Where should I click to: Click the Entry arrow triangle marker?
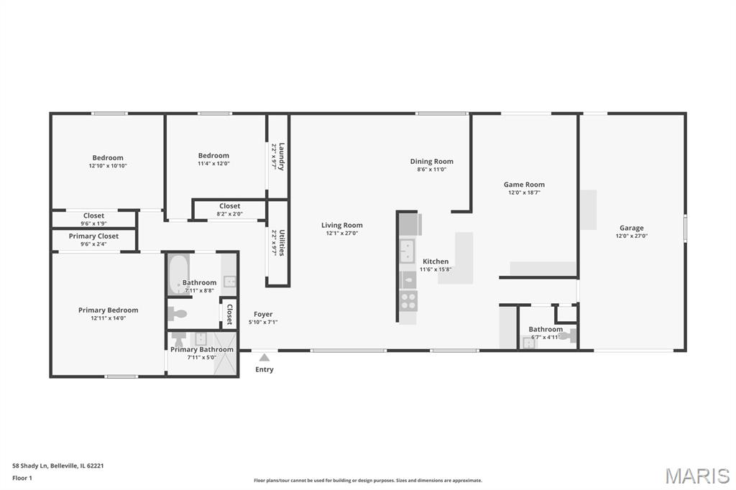click(264, 358)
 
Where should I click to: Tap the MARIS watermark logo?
click(697, 476)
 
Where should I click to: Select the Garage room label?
click(631, 228)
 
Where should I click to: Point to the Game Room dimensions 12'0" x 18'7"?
click(524, 193)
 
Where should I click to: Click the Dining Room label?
click(432, 162)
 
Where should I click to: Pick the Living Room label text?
click(341, 226)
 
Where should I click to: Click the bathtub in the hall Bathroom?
click(178, 274)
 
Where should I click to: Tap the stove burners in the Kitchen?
click(408, 300)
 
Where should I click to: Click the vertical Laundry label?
click(282, 157)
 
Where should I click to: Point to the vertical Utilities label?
click(282, 242)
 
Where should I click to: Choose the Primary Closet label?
click(93, 236)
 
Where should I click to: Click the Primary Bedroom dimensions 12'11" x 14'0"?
click(109, 318)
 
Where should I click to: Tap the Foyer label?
click(263, 315)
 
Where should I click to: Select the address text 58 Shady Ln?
click(30, 466)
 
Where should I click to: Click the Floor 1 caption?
click(22, 479)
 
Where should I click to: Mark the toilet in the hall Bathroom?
click(178, 313)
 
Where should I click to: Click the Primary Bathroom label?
click(202, 350)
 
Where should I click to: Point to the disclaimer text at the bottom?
click(368, 481)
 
